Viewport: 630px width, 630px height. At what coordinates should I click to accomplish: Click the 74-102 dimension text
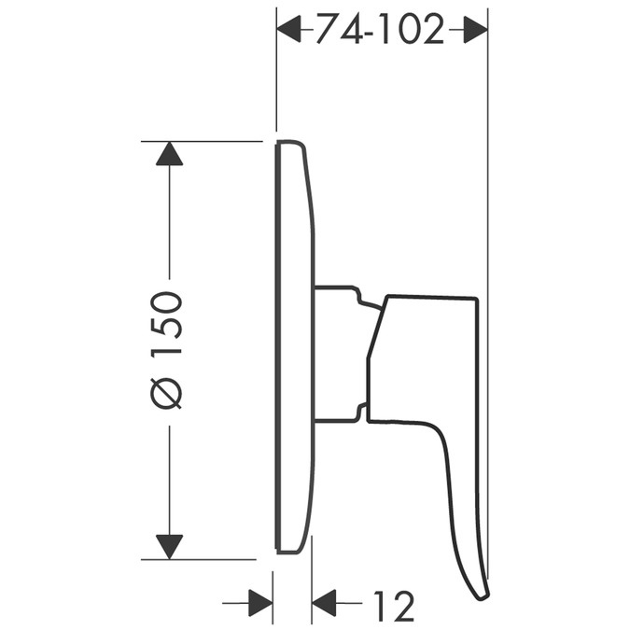(x=380, y=29)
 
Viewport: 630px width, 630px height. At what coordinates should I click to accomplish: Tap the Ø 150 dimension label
(x=166, y=351)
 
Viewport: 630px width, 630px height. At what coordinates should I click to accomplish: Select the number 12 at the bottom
(x=394, y=607)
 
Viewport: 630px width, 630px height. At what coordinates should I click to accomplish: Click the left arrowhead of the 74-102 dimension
(x=288, y=29)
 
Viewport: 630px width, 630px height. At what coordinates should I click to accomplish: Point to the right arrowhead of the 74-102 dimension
(x=476, y=29)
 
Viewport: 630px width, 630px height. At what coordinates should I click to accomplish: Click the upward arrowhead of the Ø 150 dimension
(x=169, y=153)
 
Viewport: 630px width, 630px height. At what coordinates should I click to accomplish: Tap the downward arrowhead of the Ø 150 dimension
(x=169, y=547)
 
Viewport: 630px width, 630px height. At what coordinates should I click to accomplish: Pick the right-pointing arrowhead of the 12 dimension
(x=260, y=603)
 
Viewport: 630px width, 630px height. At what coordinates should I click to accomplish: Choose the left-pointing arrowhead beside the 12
(x=324, y=603)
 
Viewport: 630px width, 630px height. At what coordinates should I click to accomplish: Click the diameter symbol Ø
(x=166, y=394)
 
